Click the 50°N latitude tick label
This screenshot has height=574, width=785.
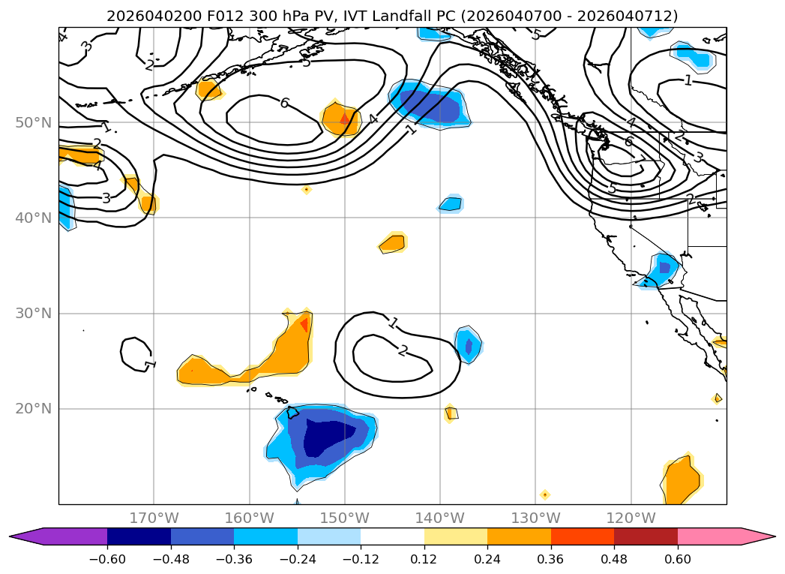(33, 122)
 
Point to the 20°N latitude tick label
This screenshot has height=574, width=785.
(33, 409)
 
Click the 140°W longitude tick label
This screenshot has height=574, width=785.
(440, 518)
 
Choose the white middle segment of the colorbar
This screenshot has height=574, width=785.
(392, 536)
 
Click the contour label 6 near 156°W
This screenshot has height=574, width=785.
(284, 103)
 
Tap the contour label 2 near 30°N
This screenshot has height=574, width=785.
(403, 350)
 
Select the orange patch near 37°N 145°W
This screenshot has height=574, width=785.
(393, 243)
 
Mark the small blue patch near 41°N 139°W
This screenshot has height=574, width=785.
(451, 203)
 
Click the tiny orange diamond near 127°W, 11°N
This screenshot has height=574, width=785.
(545, 494)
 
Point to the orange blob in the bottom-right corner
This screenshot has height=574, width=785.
(682, 480)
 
